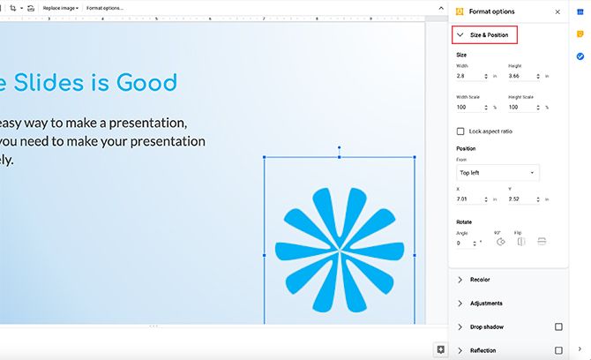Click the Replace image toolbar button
(60, 8)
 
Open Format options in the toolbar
(104, 8)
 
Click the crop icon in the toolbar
(12, 8)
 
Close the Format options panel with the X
(557, 12)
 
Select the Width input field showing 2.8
(471, 77)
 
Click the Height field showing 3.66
(523, 77)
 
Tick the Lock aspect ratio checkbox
(460, 131)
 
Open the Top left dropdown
(497, 173)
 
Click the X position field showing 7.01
(471, 200)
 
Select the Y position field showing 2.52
(523, 200)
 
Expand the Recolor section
(480, 280)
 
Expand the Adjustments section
(486, 304)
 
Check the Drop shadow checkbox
(558, 327)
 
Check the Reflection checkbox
(558, 350)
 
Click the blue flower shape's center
(339, 250)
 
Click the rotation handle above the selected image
(340, 148)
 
